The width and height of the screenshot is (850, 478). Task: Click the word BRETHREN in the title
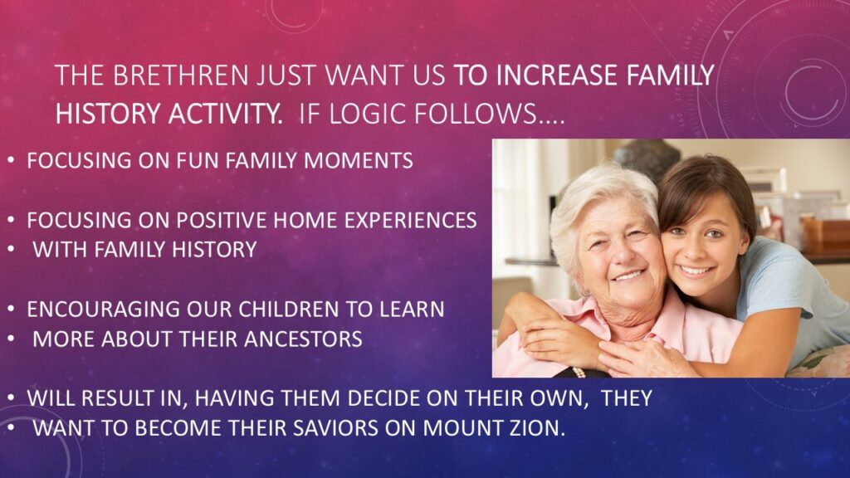coord(180,76)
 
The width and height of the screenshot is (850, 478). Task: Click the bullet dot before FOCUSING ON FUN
coord(11,161)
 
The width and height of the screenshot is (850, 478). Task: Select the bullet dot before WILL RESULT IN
coord(11,398)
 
